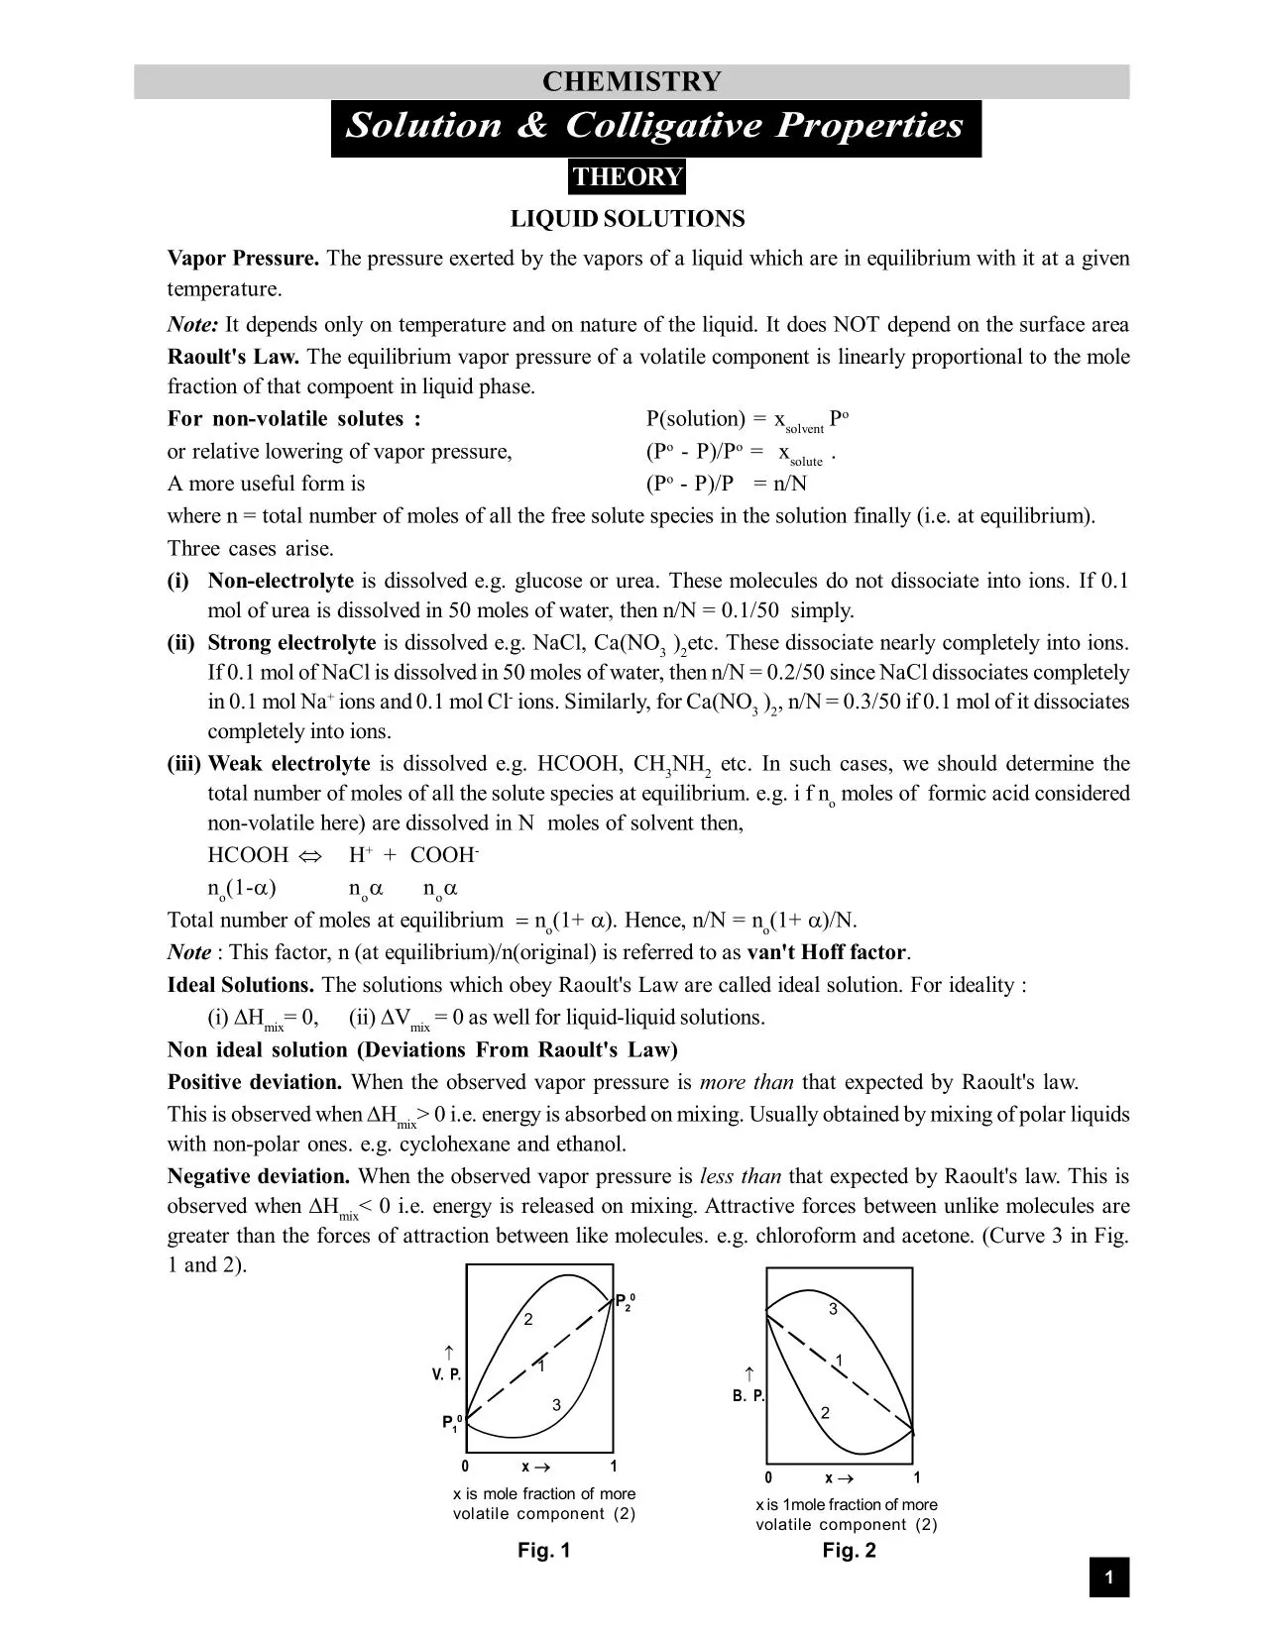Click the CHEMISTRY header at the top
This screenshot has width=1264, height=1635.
point(632,81)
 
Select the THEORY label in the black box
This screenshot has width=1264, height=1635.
point(628,177)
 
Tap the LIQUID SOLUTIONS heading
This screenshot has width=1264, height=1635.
point(628,219)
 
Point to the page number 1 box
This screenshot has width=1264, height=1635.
point(1109,1578)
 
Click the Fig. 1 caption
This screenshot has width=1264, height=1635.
point(543,1551)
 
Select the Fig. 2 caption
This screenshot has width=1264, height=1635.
point(849,1551)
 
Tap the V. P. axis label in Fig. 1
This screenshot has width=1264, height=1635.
point(446,1375)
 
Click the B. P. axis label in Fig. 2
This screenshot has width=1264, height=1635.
point(748,1396)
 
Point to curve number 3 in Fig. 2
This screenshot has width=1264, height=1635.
point(833,1310)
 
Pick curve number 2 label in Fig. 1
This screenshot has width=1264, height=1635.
point(528,1320)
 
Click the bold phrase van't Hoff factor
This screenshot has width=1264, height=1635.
point(827,953)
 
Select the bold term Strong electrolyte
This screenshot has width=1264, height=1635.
point(291,643)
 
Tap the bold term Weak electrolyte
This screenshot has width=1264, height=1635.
point(288,764)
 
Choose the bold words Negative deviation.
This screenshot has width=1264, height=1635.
point(259,1177)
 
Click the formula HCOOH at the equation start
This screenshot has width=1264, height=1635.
point(248,855)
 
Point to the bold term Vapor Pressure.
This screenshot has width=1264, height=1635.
point(243,259)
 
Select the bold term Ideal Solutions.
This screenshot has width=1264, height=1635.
point(241,986)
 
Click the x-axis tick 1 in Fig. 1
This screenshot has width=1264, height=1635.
point(614,1467)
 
